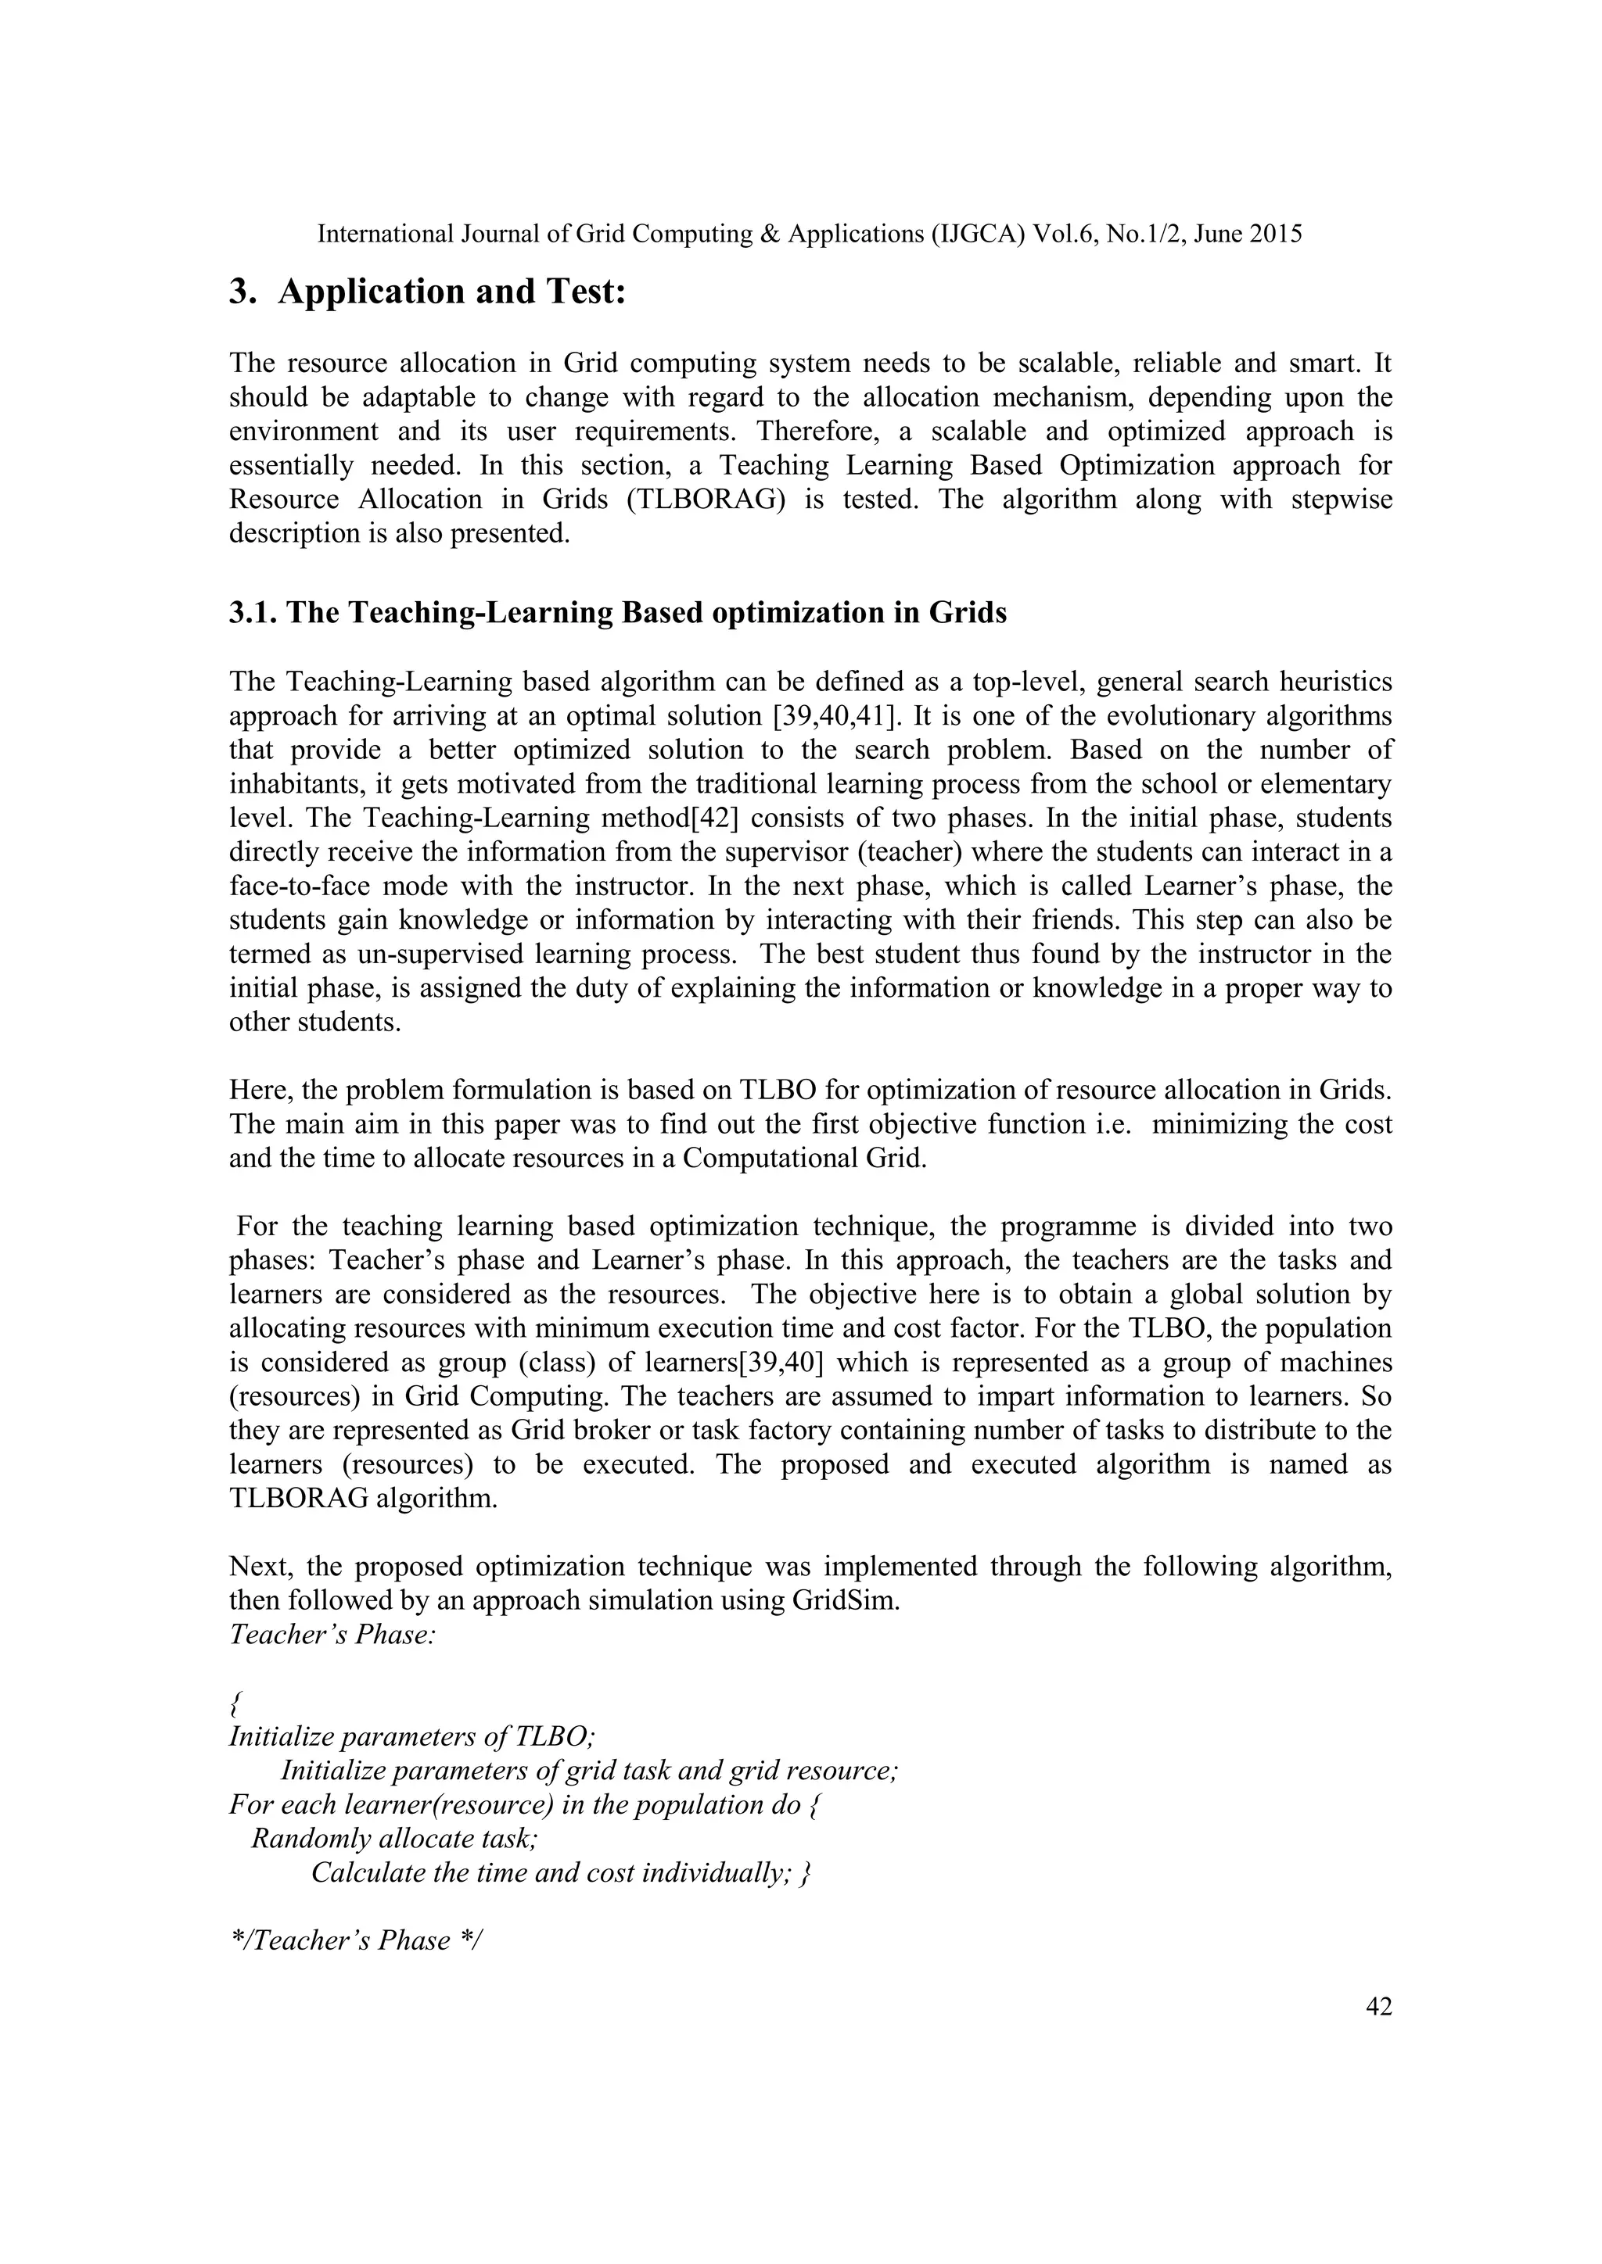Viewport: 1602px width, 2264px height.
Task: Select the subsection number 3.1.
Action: tap(253, 614)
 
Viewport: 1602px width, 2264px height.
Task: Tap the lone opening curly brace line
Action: tap(234, 1703)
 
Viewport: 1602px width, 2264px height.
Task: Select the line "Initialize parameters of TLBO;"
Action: tap(411, 1736)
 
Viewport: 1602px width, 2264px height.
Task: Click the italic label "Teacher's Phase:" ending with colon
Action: tap(332, 1635)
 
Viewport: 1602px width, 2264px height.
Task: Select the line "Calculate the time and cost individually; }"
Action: tap(560, 1872)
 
